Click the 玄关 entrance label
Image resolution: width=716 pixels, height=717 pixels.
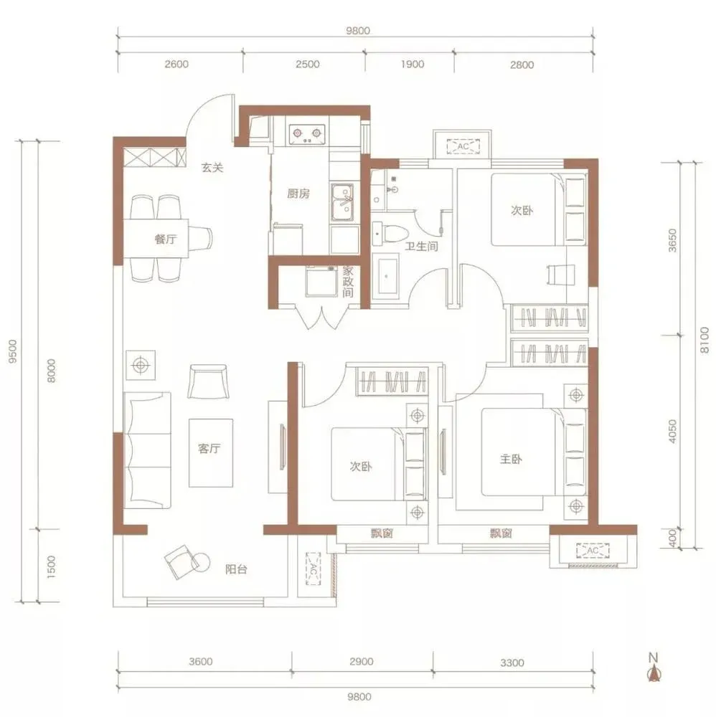[x=212, y=168]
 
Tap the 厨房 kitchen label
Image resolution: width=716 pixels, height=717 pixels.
[x=298, y=194]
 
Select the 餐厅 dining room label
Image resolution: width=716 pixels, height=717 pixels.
[x=166, y=239]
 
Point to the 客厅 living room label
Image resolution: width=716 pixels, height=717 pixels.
[x=209, y=449]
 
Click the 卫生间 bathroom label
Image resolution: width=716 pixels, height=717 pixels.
[x=421, y=247]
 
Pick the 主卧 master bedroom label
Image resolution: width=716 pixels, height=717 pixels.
[x=511, y=459]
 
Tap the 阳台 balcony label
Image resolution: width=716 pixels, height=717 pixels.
[x=237, y=569]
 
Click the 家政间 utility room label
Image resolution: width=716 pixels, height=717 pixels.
[x=348, y=282]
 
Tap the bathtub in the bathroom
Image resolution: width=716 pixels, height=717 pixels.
[x=387, y=276]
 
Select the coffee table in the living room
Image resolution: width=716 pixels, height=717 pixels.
[x=211, y=452]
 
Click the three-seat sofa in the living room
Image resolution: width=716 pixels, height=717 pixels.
[x=147, y=450]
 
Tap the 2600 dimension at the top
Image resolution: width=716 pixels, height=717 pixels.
[x=176, y=64]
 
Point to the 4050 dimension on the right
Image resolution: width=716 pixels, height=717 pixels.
[x=672, y=431]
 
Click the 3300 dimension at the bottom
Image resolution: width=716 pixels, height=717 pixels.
[x=512, y=663]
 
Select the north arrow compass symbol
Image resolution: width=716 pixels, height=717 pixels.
[x=654, y=668]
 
